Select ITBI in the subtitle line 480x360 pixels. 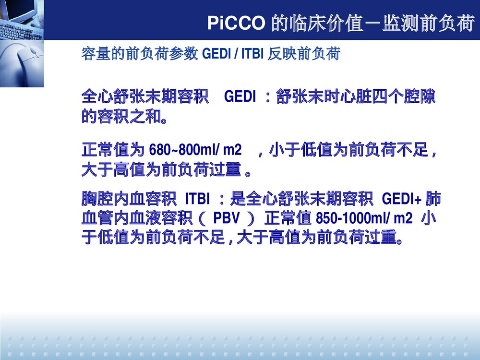tap(252, 54)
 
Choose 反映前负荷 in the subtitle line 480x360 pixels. tap(304, 54)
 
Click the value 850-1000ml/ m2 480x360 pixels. tap(364, 219)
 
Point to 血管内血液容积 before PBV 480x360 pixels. tap(139, 219)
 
